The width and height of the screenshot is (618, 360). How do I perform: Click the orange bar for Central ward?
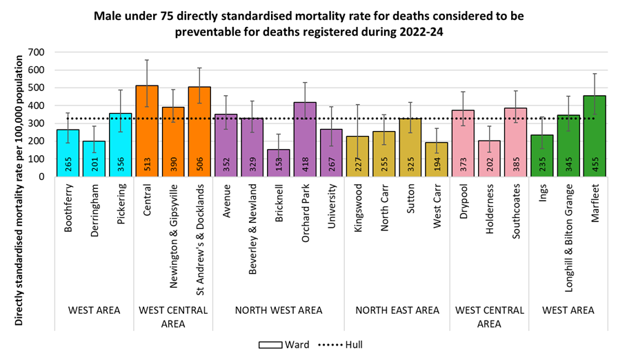click(x=147, y=131)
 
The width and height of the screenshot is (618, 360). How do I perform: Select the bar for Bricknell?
click(x=279, y=163)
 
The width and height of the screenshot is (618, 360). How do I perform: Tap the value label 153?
click(x=279, y=164)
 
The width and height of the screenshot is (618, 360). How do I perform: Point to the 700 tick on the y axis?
click(x=34, y=52)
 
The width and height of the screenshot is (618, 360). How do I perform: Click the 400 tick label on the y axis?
click(x=34, y=106)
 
